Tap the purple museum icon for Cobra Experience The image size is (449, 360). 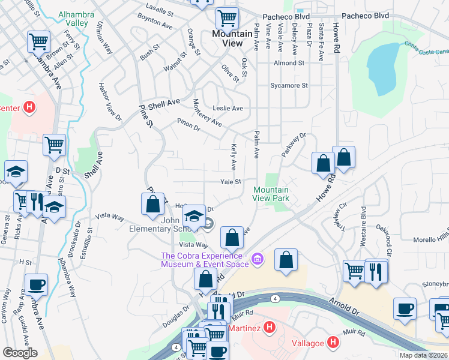tap(258, 259)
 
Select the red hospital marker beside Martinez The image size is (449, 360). tap(270, 328)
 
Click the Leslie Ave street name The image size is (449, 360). tap(228, 109)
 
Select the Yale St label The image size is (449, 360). tap(231, 182)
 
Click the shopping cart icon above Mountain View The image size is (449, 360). tap(226, 18)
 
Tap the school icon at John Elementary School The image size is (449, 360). tap(194, 217)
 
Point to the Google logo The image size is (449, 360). tap(20, 353)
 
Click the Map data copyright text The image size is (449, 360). tap(423, 355)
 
